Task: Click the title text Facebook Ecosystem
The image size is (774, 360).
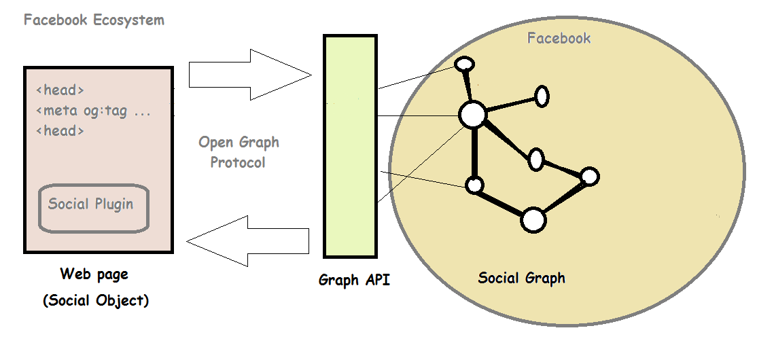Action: click(x=94, y=20)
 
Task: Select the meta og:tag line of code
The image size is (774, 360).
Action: click(x=93, y=111)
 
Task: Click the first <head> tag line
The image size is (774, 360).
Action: click(x=60, y=90)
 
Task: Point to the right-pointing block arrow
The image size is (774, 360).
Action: click(x=249, y=74)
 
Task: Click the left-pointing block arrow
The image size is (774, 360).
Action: click(x=247, y=239)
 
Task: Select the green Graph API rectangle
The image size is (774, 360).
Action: click(x=349, y=146)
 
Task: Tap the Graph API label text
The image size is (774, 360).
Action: click(x=354, y=280)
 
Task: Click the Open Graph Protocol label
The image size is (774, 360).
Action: click(x=239, y=152)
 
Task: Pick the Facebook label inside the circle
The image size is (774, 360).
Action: click(x=559, y=38)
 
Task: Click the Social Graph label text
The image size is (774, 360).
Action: click(x=521, y=278)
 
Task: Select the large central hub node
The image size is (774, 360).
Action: click(x=472, y=115)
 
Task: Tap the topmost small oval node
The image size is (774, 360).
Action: click(x=464, y=65)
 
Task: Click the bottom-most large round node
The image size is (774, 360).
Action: click(x=533, y=220)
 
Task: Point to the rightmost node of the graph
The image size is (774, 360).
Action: click(x=589, y=177)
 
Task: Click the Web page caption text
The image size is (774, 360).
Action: click(x=94, y=274)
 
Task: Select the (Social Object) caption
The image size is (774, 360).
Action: click(x=95, y=300)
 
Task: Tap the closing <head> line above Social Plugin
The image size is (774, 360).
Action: click(x=60, y=131)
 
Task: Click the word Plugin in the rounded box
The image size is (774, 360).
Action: click(x=113, y=204)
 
